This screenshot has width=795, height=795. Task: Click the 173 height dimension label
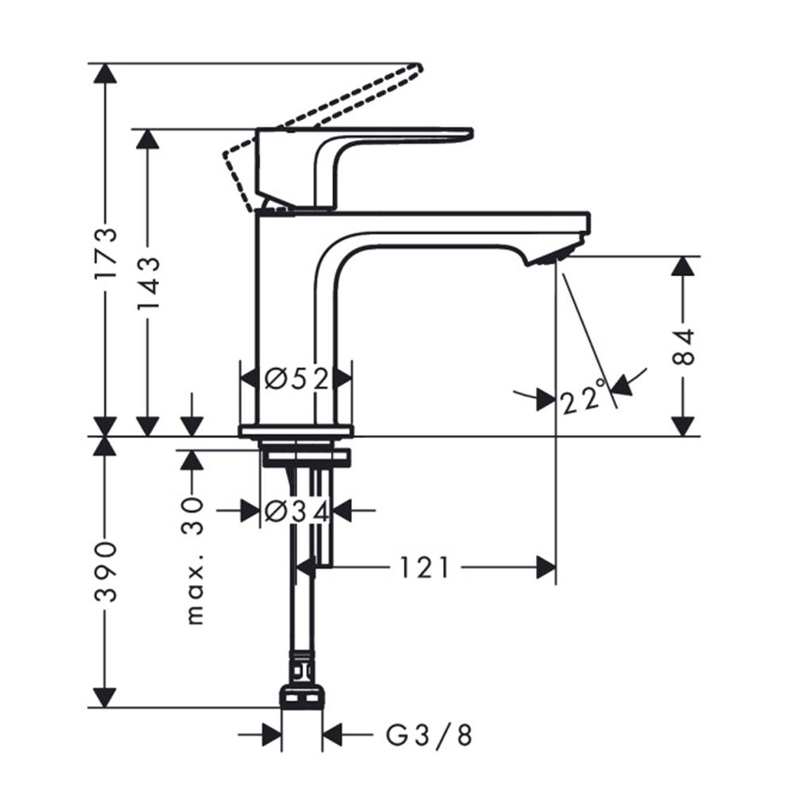104,253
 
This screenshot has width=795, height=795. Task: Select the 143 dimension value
147,275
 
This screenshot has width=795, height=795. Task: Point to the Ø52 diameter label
296,379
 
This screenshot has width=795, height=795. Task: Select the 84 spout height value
683,346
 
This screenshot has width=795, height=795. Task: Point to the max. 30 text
193,560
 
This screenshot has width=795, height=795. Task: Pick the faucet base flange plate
296,431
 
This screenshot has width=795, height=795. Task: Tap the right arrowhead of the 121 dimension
545,568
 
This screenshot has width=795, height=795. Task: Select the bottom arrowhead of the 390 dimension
104,697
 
